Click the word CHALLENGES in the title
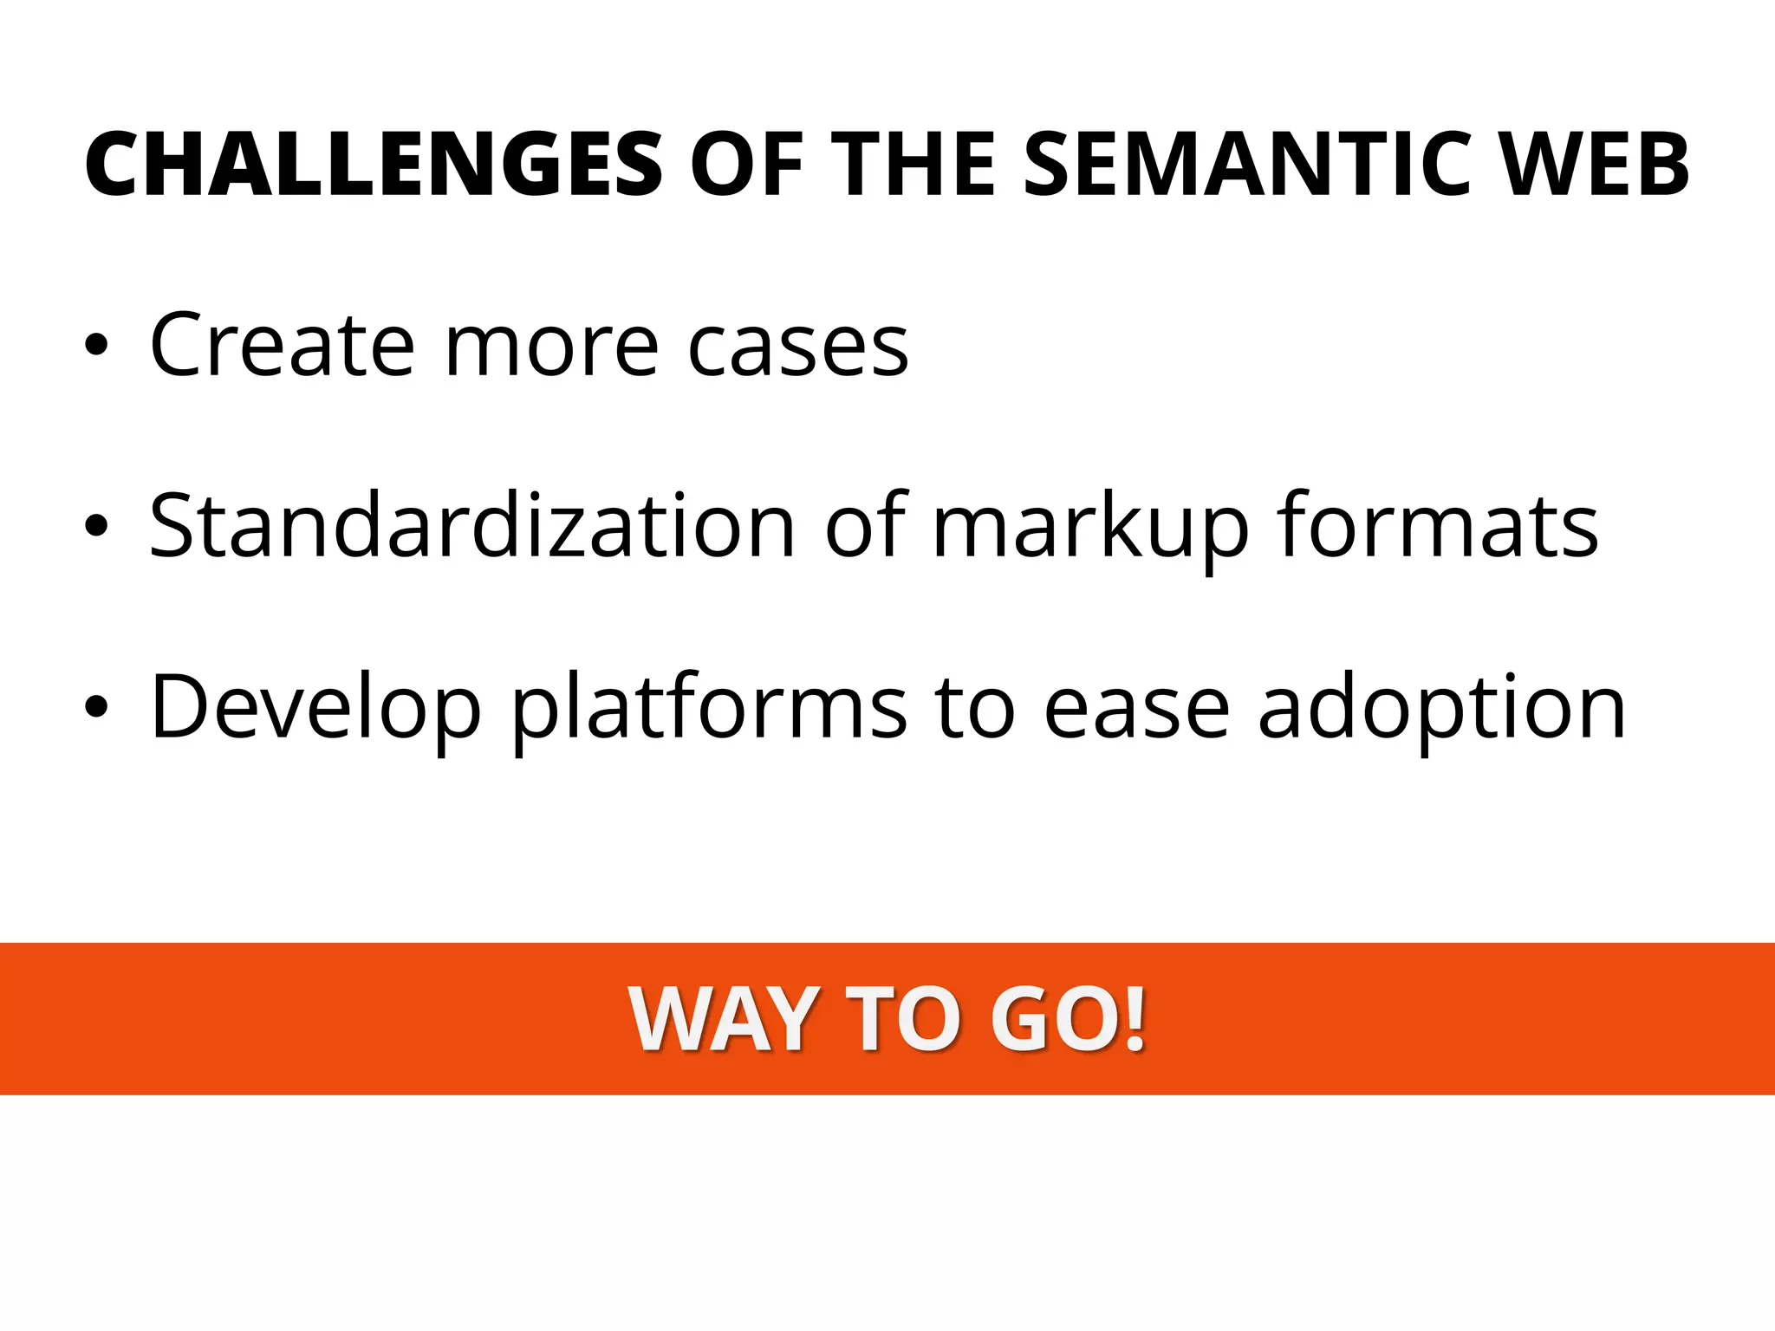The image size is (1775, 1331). [374, 165]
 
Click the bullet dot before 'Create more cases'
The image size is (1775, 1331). [96, 346]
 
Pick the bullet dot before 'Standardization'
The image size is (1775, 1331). [96, 526]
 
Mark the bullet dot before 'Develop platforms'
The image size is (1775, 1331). [96, 707]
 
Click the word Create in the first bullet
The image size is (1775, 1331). [283, 345]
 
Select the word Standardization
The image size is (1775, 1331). [472, 524]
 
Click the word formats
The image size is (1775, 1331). [1438, 524]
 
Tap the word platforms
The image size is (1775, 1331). [710, 709]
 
